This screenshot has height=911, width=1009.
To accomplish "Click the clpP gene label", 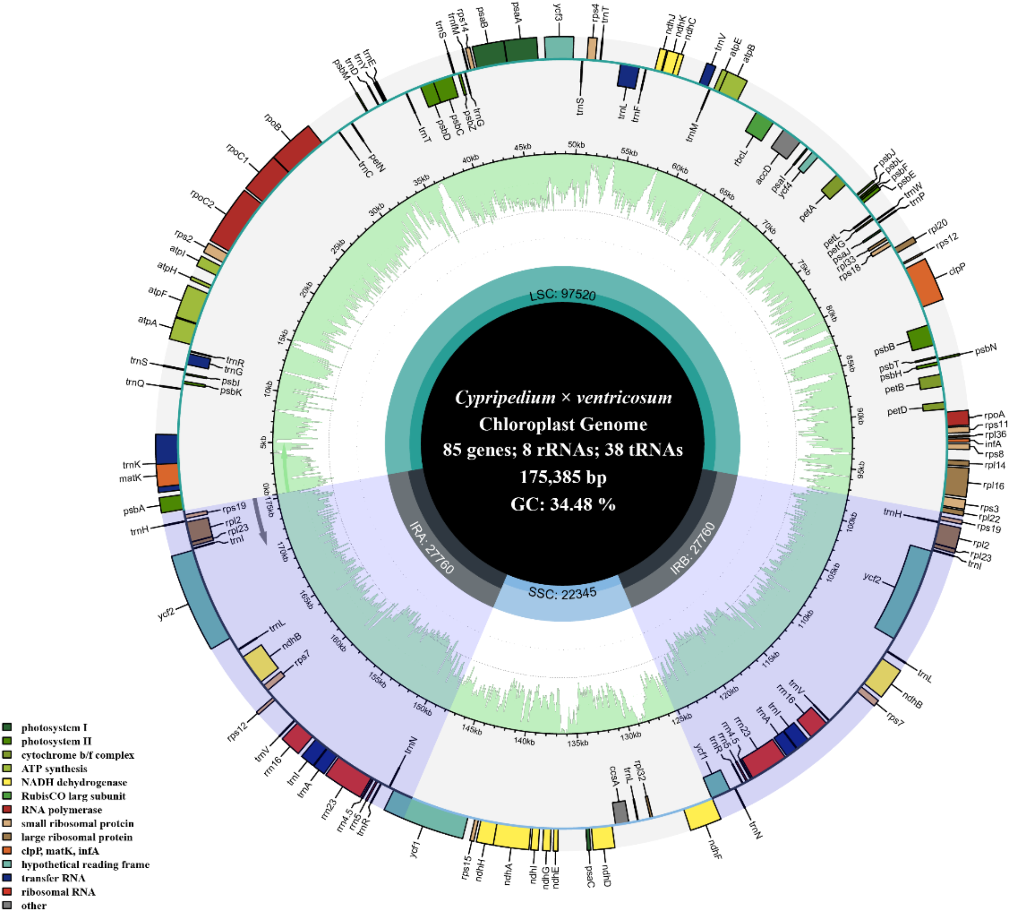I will tap(957, 269).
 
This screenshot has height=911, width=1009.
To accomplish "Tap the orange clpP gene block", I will tap(924, 282).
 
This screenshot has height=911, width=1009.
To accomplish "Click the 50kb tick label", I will tap(576, 145).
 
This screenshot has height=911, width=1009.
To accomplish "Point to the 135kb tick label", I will tap(577, 743).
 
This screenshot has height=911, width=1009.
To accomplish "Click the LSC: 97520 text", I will tap(562, 295).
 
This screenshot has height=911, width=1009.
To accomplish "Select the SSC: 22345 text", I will tap(562, 593).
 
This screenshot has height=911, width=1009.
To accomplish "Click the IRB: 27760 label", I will tap(692, 549).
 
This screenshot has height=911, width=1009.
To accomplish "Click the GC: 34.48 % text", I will tap(563, 504).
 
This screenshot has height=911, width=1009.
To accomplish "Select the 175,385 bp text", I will tap(563, 477).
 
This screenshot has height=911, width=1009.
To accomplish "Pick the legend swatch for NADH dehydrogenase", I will tap(7, 782).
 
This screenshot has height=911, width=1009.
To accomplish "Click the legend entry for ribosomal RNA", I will tap(58, 892).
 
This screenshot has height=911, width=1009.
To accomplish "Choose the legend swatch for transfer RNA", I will tap(7, 878).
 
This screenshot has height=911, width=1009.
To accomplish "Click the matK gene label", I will tap(130, 478).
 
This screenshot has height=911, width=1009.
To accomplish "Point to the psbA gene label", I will tap(134, 510).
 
